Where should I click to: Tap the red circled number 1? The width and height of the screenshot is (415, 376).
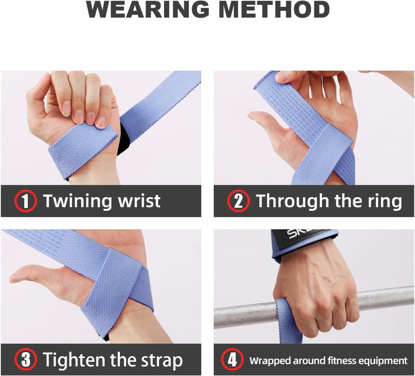(25, 201)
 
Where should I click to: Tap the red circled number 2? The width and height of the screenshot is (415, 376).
(239, 201)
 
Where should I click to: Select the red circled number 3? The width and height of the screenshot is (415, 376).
(25, 359)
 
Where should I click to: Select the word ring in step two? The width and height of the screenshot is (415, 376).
(385, 201)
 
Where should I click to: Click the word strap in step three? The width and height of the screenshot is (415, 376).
(159, 359)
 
